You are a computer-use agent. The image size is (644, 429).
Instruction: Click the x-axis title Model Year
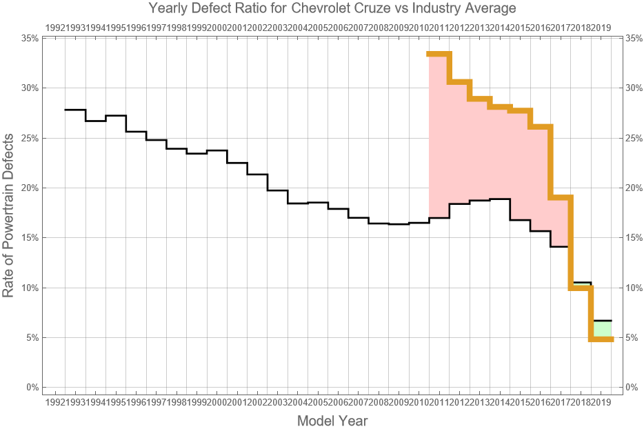(x=332, y=421)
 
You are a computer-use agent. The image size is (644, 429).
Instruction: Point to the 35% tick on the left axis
(x=30, y=38)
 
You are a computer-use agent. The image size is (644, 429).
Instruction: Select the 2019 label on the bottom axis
(x=601, y=401)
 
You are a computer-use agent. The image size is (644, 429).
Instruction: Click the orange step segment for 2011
(x=439, y=54)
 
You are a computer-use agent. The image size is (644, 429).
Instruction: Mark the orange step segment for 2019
(x=602, y=339)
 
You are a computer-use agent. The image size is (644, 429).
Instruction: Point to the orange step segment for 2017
(x=560, y=198)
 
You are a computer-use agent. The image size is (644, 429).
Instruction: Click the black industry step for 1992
(x=74, y=110)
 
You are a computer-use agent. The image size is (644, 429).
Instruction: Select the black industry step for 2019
(x=602, y=321)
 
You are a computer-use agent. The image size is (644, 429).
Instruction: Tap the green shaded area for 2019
(x=603, y=329)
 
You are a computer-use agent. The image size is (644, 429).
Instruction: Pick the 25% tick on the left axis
(x=30, y=138)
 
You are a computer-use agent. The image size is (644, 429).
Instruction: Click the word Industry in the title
(x=453, y=9)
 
